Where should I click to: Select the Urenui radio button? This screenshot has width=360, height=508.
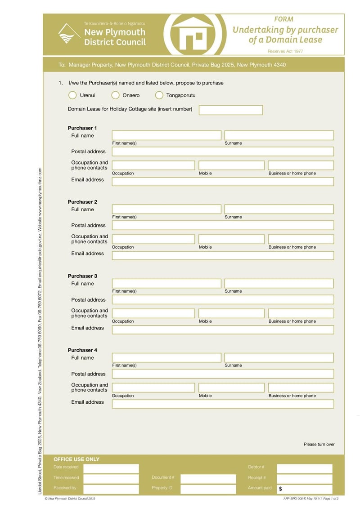click(72, 95)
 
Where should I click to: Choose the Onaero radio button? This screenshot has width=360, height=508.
click(115, 95)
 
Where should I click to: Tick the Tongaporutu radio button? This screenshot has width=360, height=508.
click(159, 95)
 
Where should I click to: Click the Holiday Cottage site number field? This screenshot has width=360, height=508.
click(230, 110)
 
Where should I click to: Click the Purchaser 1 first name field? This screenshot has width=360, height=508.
click(166, 135)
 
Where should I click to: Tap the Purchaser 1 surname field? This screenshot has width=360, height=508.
click(279, 135)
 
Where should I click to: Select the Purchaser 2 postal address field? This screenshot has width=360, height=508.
click(223, 225)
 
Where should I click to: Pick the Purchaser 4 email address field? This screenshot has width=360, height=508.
click(223, 404)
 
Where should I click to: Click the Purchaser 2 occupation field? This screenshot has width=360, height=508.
click(153, 239)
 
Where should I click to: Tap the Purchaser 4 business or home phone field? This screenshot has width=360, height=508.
click(301, 388)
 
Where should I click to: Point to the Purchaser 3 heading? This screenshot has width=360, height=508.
click(82, 276)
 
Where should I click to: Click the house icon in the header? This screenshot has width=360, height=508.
click(192, 35)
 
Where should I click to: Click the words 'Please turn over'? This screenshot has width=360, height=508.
click(319, 445)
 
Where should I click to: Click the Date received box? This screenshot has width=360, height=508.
click(111, 468)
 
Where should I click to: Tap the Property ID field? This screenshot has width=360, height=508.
click(208, 489)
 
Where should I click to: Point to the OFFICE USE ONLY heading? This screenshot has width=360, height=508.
click(76, 459)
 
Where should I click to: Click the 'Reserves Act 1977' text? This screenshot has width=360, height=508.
click(285, 51)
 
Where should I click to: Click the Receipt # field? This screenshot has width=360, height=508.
click(305, 479)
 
